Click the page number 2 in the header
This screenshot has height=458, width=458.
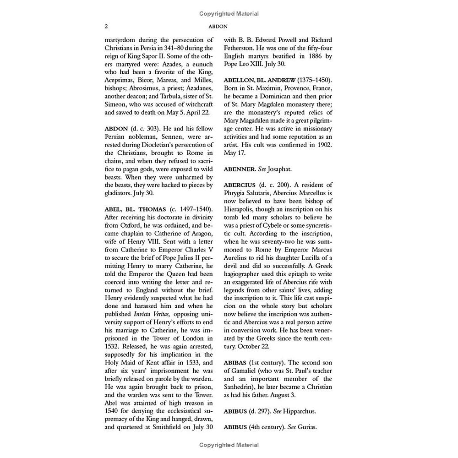[x=107, y=27]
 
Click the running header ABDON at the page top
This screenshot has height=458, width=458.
[x=229, y=27]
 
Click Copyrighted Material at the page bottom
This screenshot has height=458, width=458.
[x=229, y=445]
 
